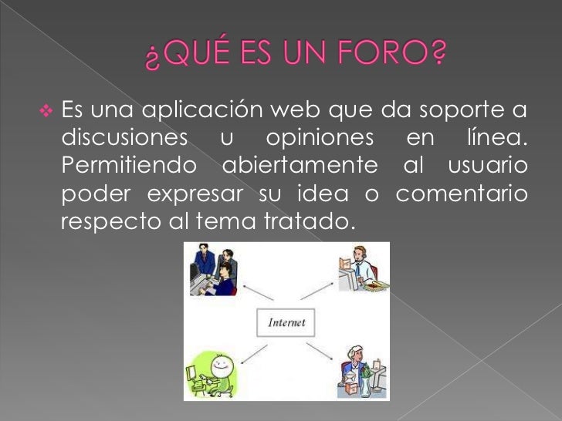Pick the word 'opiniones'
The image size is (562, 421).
(319, 139)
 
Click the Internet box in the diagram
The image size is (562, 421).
(286, 323)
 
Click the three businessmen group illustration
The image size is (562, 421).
(214, 271)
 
